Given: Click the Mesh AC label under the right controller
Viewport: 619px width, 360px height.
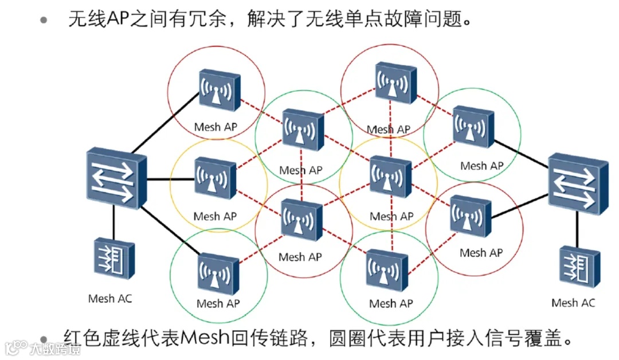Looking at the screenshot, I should click(573, 303).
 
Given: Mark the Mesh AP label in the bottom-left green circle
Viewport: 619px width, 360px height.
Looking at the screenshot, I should click(218, 304).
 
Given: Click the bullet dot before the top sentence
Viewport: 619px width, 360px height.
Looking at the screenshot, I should click(44, 21).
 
